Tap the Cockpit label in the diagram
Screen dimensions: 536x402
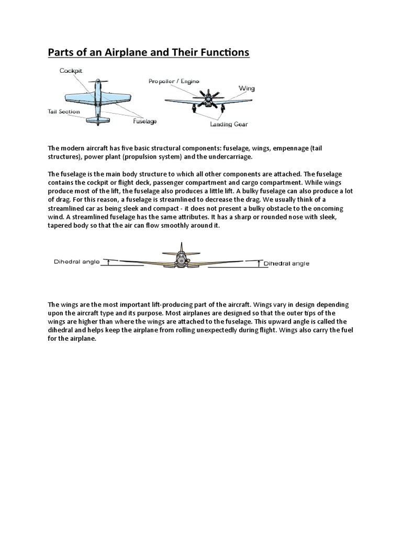click(71, 70)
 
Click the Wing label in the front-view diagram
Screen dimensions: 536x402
click(247, 88)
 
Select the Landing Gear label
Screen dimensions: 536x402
click(229, 125)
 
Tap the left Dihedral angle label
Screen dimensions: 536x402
click(76, 263)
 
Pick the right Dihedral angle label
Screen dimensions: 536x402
click(286, 263)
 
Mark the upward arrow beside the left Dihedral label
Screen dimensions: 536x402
click(108, 263)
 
